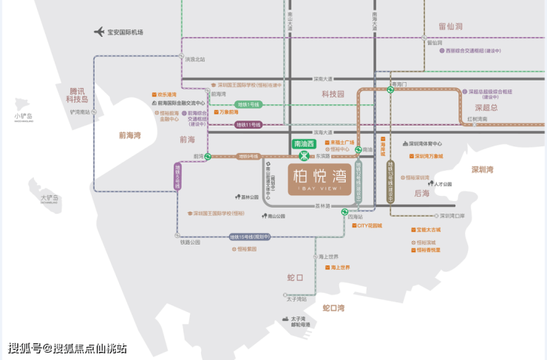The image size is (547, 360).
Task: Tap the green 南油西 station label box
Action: coord(304,143)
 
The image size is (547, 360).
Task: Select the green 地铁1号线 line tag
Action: coord(248,105)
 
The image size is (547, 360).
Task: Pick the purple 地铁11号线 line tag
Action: coord(248,124)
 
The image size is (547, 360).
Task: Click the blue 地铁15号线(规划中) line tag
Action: coord(249,237)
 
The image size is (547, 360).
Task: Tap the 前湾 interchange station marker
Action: coord(209,157)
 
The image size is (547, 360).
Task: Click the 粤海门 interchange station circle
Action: coord(390,91)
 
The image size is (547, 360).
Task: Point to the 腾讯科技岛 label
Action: coord(76,95)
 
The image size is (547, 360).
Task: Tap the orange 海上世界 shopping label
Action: coord(339,267)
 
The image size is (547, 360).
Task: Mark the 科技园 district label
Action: coord(333,94)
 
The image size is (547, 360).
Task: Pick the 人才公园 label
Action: coord(443,184)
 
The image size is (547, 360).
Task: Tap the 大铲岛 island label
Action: coord(50,198)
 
